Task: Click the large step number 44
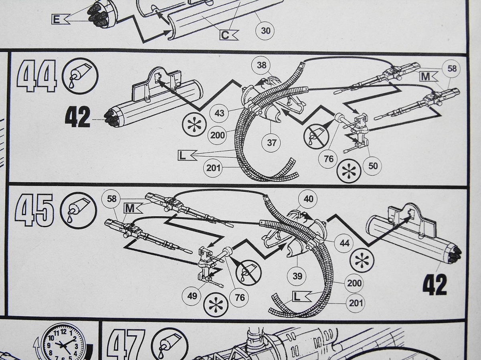(36, 76)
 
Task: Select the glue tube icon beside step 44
(79, 76)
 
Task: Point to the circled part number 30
(265, 30)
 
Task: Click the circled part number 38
(261, 65)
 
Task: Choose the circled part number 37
(271, 143)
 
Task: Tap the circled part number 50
(373, 165)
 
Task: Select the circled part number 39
(297, 276)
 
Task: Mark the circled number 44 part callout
(344, 243)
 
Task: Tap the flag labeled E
(59, 19)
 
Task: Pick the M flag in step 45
(133, 208)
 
